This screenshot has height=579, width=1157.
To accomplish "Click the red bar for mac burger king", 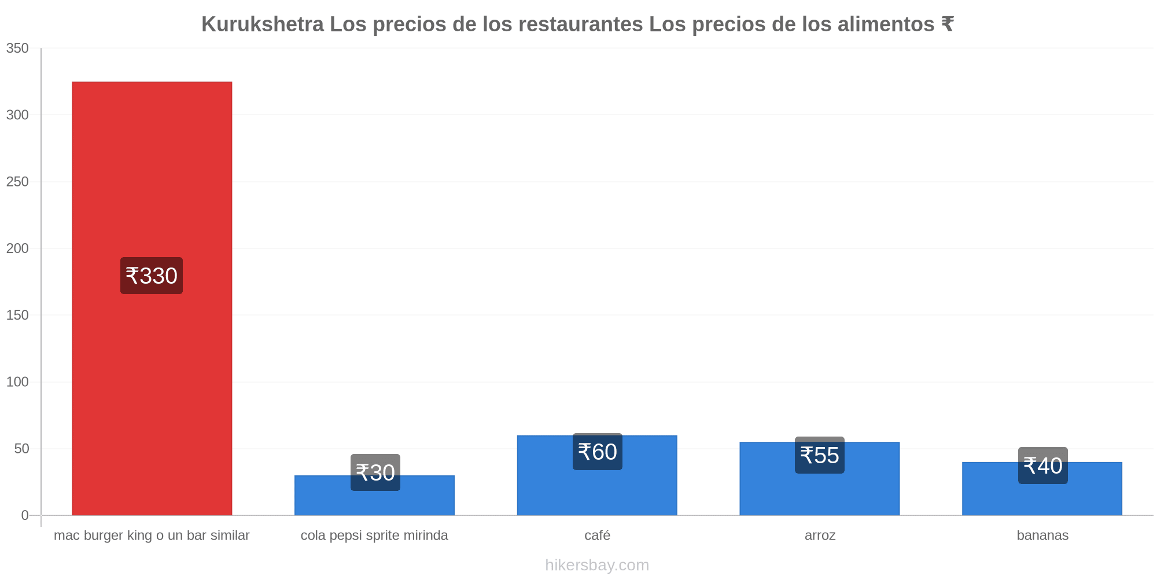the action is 152,298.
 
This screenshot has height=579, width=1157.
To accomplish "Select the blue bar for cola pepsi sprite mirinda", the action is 374,496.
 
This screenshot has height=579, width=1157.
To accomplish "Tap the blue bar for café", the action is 597,475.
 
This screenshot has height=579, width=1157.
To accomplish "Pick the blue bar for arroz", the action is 820,479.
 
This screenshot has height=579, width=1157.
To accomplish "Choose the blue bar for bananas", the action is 1042,489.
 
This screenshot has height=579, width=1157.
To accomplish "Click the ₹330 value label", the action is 152,276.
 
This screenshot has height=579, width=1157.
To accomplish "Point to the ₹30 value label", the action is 375,472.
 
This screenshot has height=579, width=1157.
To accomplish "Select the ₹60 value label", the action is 598,452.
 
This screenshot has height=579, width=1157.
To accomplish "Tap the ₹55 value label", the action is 820,455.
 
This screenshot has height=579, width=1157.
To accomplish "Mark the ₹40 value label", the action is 1043,466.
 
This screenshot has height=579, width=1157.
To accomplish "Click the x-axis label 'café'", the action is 598,535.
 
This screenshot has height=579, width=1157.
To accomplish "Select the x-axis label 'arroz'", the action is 820,536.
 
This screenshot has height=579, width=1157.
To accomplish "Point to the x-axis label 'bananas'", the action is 1042,535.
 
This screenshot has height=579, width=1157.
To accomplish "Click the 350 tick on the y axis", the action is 17,48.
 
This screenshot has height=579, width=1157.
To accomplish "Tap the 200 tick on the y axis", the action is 17,248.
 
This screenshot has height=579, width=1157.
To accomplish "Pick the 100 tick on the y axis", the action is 17,382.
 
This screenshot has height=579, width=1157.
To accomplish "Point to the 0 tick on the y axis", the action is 25,515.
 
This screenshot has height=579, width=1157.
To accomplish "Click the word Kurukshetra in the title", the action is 263,24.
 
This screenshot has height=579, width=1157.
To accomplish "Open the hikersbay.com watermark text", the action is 597,565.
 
